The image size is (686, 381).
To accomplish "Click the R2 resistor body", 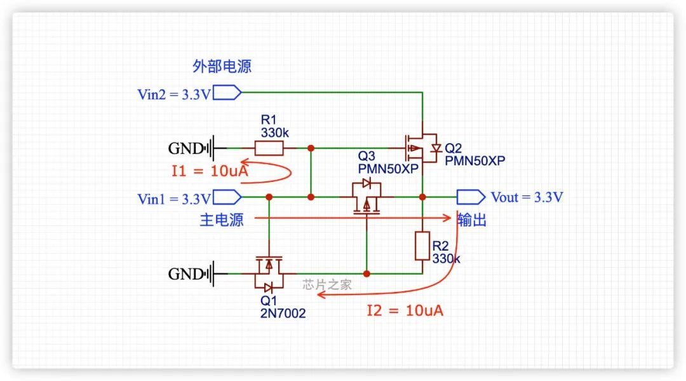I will [422, 246].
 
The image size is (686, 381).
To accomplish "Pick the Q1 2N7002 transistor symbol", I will [269, 274].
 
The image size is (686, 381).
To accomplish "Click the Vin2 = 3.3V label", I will [173, 94].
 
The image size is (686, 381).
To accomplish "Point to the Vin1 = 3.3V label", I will [173, 198].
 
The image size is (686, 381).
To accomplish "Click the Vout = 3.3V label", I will [527, 197].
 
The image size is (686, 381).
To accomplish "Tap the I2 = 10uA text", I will [405, 311].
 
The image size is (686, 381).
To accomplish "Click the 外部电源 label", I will [222, 67].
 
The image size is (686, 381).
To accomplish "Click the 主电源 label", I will [222, 220].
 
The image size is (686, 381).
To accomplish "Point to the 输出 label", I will [472, 220].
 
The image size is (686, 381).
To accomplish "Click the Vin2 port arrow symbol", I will [227, 94].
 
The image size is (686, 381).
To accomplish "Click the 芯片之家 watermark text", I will [327, 285].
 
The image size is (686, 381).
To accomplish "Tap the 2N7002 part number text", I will [282, 313].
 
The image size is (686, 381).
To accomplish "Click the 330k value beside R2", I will [446, 259].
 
